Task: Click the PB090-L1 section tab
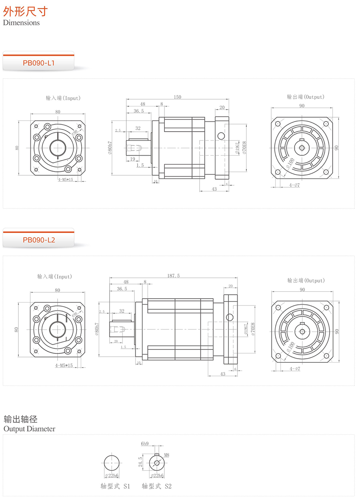pos(38,63)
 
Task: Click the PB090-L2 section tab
pos(38,240)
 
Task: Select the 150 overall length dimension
pos(178,97)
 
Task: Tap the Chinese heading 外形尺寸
pos(25,11)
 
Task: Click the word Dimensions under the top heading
pos(22,23)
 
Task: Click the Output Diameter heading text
pos(29,429)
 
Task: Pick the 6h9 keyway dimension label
pos(144,444)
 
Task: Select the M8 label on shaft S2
pos(166,455)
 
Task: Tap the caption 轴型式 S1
pos(115,486)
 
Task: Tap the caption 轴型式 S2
pos(156,486)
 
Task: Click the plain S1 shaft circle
pos(111,463)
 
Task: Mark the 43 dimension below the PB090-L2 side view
pos(223,374)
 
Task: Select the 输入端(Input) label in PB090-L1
pos(63,98)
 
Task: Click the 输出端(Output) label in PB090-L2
pos(306,280)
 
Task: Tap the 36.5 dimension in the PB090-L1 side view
pos(138,111)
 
